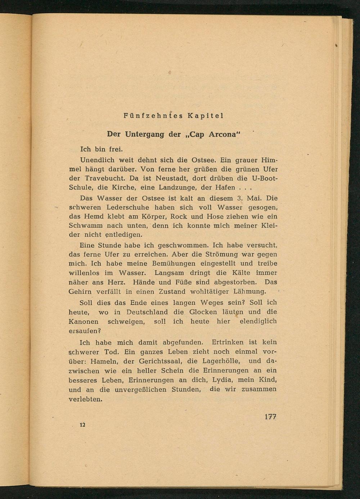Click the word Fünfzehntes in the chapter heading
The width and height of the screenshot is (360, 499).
(153, 116)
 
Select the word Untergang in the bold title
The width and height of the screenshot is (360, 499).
(145, 134)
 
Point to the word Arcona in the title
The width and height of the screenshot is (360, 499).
(222, 134)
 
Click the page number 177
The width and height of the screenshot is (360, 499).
(270, 417)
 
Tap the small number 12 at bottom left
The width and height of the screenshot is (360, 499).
(82, 425)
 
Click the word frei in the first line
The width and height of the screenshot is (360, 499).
(115, 149)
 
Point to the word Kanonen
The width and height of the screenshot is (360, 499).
(84, 321)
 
